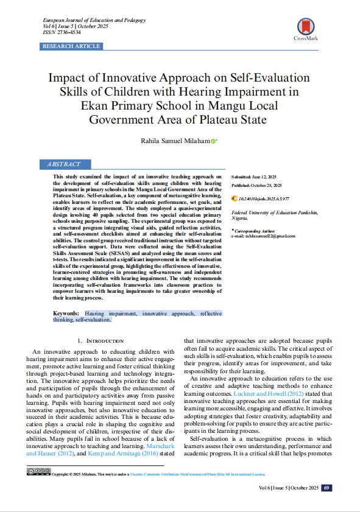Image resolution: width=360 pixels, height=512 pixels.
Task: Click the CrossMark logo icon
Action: [x=305, y=27]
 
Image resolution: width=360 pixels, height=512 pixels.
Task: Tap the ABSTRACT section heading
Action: [x=63, y=164]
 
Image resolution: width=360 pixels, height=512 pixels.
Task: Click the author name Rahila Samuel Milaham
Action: [x=176, y=141]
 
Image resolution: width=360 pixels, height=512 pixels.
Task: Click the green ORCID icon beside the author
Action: [x=213, y=141]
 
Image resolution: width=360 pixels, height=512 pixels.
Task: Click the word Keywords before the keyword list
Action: [x=66, y=313]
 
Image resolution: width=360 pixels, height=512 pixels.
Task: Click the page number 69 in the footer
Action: [x=327, y=488]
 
